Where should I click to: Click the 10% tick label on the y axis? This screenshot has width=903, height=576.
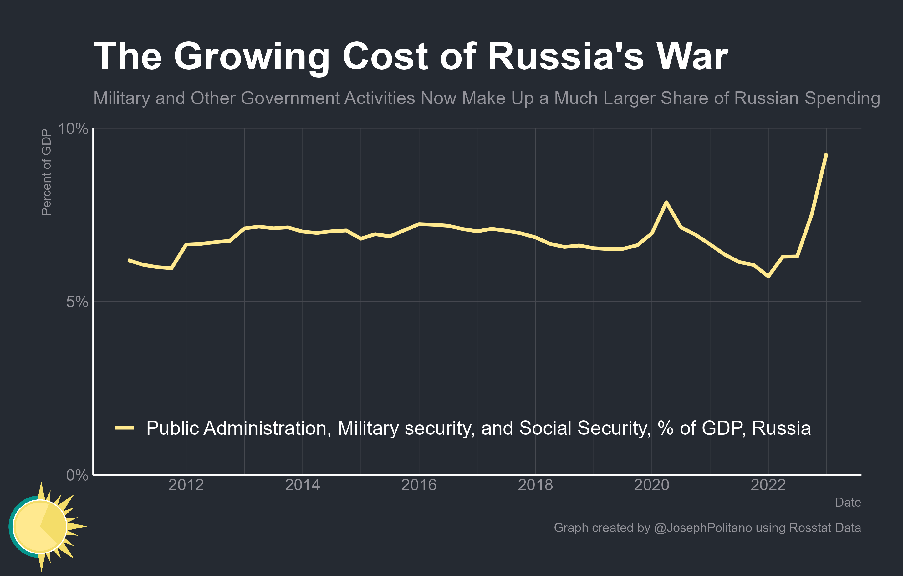point(73,129)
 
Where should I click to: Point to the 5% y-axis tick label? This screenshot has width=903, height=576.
point(77,302)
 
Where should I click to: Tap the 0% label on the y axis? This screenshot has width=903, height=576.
point(77,475)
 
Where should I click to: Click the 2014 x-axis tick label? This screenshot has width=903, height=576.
point(302,485)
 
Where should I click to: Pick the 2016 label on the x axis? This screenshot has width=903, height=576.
point(419,485)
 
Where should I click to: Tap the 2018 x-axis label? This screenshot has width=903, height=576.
point(535,485)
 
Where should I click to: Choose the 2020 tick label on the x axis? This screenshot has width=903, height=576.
point(651,485)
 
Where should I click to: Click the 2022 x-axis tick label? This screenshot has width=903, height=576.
point(768,485)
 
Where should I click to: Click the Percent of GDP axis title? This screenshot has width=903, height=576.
point(46,172)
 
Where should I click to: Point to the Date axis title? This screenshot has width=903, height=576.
point(848,502)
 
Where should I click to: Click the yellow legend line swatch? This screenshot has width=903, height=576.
point(124,428)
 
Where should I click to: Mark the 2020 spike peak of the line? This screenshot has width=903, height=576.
point(666,202)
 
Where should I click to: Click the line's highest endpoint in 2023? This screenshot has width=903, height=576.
point(826,154)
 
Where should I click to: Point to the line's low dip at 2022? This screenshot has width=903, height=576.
point(768,276)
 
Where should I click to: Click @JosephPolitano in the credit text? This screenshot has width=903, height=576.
point(703,528)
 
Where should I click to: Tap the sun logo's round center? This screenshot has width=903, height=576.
point(40,527)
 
